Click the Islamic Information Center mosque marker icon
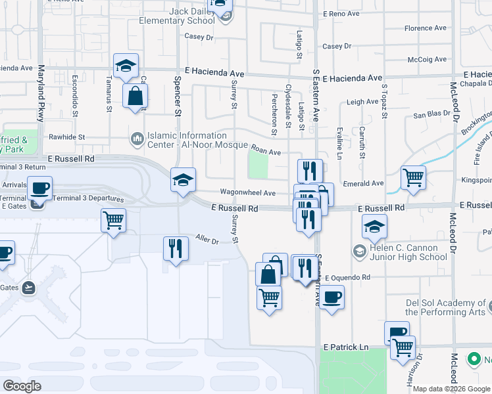[137, 139]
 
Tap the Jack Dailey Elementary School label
[177, 16]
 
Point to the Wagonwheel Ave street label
[247, 193]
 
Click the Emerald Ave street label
[363, 184]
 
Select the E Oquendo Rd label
[347, 278]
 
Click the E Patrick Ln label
[345, 347]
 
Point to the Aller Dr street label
[207, 240]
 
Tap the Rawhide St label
[68, 137]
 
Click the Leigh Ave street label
[362, 102]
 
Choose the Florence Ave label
[428, 28]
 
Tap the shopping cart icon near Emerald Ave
[413, 177]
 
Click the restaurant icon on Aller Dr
[175, 248]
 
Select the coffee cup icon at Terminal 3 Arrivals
[39, 188]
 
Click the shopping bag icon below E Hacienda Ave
[135, 96]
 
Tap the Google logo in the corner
[22, 386]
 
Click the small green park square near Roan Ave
[258, 165]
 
